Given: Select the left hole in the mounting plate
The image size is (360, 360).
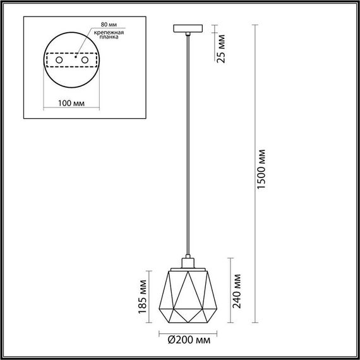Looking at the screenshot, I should (x=59, y=60).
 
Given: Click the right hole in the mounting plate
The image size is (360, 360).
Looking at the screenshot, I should (x=82, y=60).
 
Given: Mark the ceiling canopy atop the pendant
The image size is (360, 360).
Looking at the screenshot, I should (x=188, y=28).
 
